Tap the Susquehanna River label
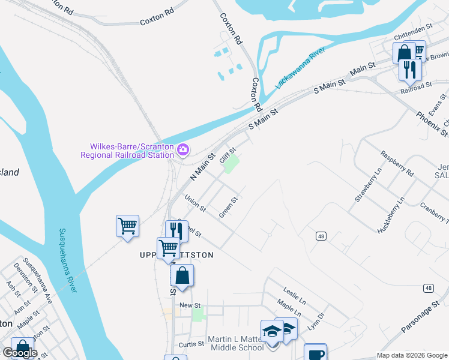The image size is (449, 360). tap(67, 260)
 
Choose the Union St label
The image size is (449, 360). tap(195, 204)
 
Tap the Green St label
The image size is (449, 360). tap(229, 208)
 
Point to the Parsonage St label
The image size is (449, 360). tap(417, 319)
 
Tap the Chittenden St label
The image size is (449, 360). tap(414, 28)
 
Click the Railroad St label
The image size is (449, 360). tap(416, 86)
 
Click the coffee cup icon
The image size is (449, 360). tap(315, 354)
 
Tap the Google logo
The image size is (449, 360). tap(19, 353)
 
